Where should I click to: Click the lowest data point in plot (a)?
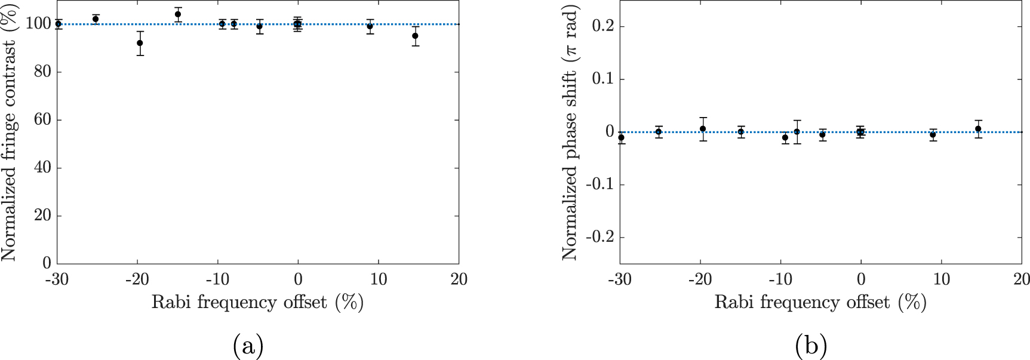pyautogui.click(x=140, y=43)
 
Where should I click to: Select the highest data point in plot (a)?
pyautogui.click(x=178, y=14)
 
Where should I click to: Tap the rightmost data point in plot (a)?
pyautogui.click(x=415, y=36)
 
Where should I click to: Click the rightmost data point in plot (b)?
pyautogui.click(x=978, y=129)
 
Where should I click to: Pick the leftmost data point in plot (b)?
pyautogui.click(x=621, y=137)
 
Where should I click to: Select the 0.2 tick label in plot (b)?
pyautogui.click(x=603, y=26)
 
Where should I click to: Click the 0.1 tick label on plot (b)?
pyautogui.click(x=603, y=79)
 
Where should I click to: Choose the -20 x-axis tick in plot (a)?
pyautogui.click(x=137, y=279)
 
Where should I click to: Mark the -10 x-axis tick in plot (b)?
pyautogui.click(x=780, y=279)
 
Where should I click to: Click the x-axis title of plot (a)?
pyautogui.click(x=257, y=302)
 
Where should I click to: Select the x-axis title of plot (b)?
pyautogui.click(x=820, y=302)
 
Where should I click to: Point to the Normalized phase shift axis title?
pyautogui.click(x=571, y=133)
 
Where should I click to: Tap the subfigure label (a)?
pyautogui.click(x=248, y=346)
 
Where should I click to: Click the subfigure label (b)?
pyautogui.click(x=811, y=346)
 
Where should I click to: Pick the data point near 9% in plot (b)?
pyautogui.click(x=933, y=135)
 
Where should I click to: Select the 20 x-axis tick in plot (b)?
pyautogui.click(x=1021, y=279)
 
